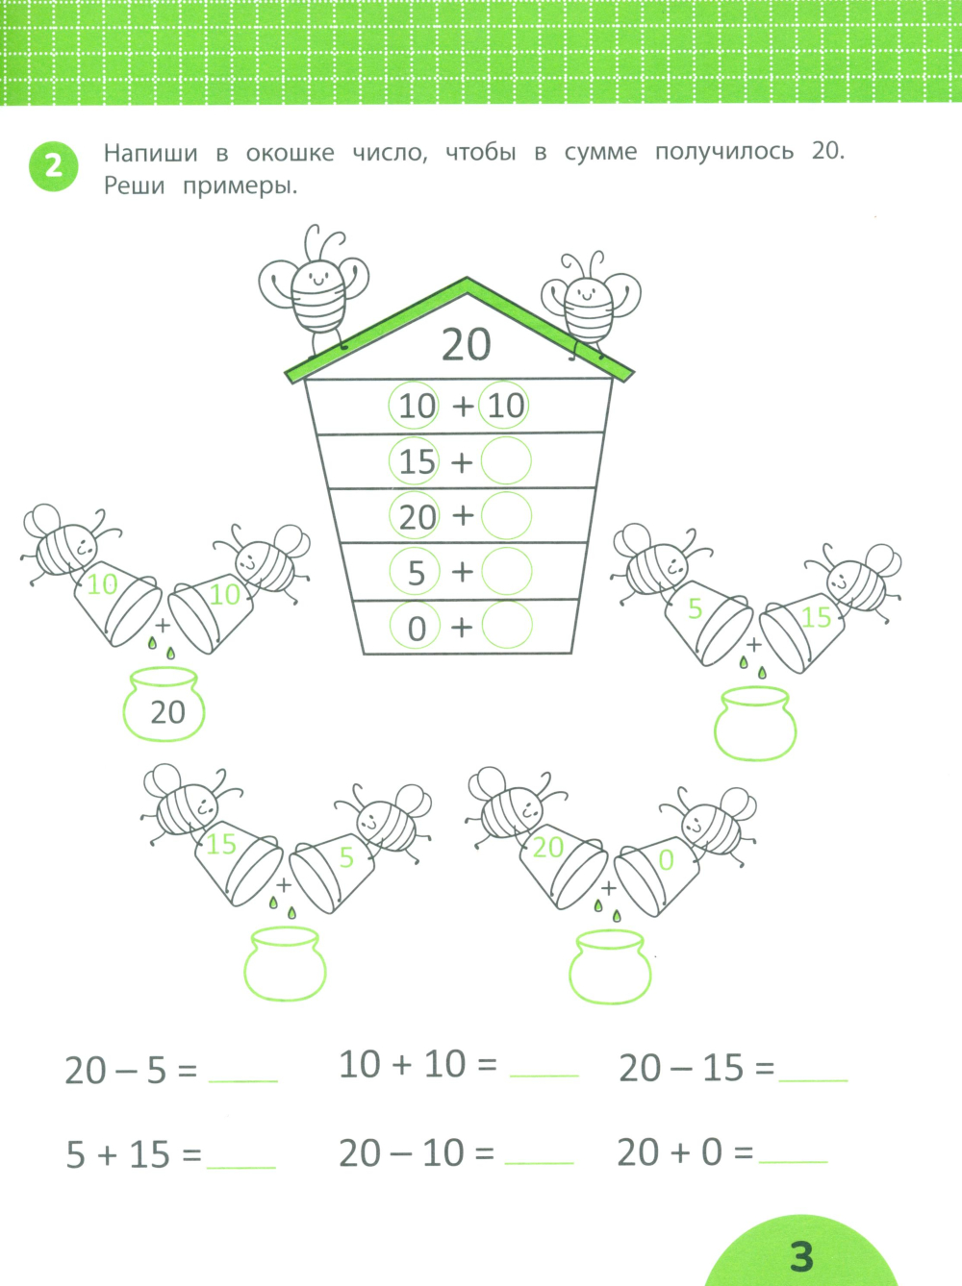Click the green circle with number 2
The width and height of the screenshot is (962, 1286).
click(53, 167)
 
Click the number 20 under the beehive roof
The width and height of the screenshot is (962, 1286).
click(466, 345)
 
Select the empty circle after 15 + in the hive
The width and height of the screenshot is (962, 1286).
click(507, 460)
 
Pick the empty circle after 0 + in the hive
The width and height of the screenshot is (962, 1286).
click(507, 625)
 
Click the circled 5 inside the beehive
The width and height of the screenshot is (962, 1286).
click(415, 571)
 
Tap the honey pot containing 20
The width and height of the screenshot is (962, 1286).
click(164, 705)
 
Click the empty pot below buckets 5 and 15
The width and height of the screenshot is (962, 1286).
click(755, 724)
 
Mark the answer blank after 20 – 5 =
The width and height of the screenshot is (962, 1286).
click(243, 1081)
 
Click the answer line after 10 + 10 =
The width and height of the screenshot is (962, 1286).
click(544, 1076)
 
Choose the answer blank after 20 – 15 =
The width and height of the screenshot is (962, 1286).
click(813, 1079)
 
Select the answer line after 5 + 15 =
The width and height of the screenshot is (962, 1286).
click(240, 1168)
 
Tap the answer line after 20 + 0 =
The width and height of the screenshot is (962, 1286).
click(793, 1161)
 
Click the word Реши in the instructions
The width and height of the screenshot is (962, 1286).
click(135, 186)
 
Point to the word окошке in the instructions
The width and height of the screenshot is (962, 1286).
click(290, 153)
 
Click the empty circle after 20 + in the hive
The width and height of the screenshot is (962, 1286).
click(507, 515)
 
